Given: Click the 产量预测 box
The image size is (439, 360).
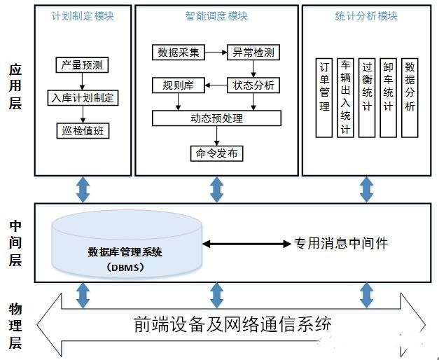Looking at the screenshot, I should click(x=83, y=65).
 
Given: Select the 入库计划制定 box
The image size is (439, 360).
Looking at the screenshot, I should click(x=83, y=97).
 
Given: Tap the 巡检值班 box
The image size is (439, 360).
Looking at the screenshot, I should click(x=83, y=130).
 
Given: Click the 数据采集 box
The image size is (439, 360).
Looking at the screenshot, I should click(x=177, y=53).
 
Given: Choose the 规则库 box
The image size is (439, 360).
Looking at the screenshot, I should click(x=177, y=86).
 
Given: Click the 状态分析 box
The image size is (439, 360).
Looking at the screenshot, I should click(x=253, y=86).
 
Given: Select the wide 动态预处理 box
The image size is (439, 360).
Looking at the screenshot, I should click(x=216, y=118).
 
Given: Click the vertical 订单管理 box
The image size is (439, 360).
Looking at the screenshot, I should click(x=324, y=97).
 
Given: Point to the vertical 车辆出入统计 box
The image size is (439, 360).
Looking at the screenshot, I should click(x=345, y=97).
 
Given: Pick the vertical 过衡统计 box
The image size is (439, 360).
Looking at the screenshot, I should click(x=367, y=97).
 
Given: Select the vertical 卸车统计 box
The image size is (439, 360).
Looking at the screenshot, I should click(x=389, y=97).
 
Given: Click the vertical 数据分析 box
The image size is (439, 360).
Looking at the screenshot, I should click(x=410, y=97).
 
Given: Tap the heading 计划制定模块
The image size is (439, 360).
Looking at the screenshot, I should click(x=83, y=16).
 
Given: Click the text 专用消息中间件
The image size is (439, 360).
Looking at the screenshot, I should click(x=340, y=244).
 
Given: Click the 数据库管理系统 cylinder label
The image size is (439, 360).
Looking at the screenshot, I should click(x=125, y=252).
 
